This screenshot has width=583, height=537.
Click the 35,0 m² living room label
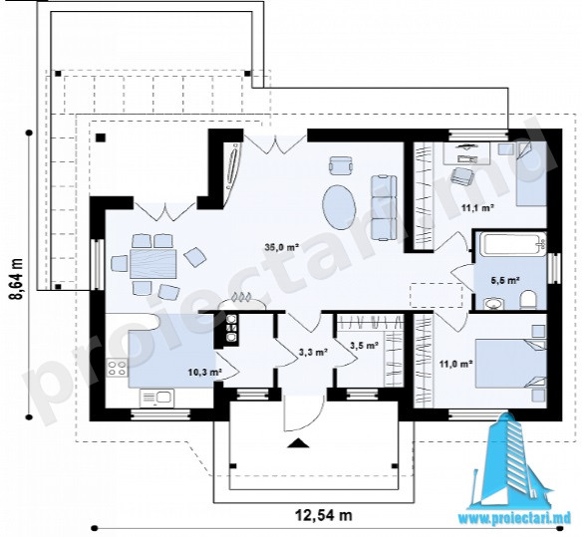(282, 247)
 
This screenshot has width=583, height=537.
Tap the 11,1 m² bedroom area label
(477, 208)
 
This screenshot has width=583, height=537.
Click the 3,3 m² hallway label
(313, 351)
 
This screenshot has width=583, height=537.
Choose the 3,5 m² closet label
(365, 346)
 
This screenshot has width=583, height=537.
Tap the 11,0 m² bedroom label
(455, 364)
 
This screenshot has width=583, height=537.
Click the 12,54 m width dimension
(324, 515)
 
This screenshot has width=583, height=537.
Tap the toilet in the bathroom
(528, 300)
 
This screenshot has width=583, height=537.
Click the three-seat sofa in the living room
(384, 208)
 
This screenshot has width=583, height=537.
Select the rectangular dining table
(153, 264)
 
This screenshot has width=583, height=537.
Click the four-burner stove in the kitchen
(117, 368)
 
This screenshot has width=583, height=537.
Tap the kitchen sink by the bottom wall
(156, 399)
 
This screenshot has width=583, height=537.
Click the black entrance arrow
(298, 443)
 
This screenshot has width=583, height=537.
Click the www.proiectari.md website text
(514, 519)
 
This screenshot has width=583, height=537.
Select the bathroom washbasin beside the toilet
(493, 304)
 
